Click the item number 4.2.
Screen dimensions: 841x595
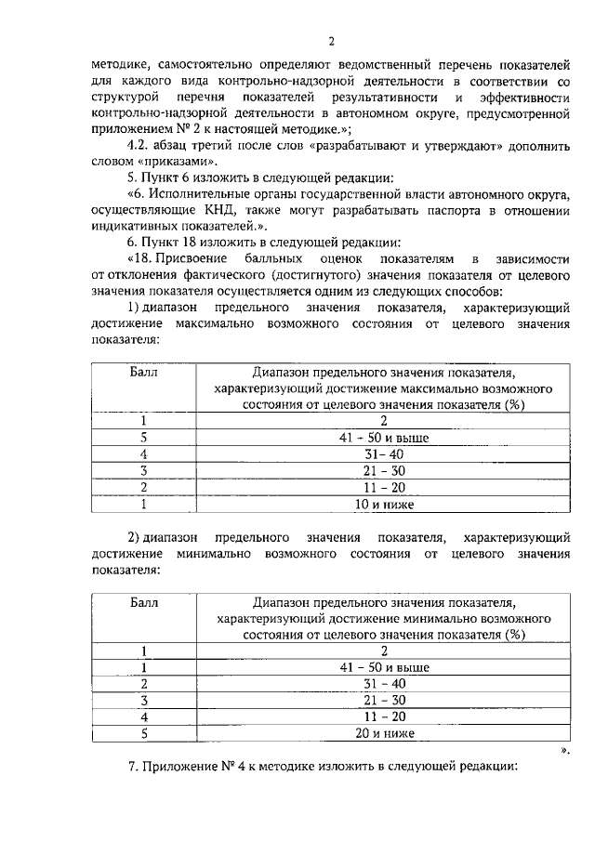click(138, 146)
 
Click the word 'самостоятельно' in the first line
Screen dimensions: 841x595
click(189, 65)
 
